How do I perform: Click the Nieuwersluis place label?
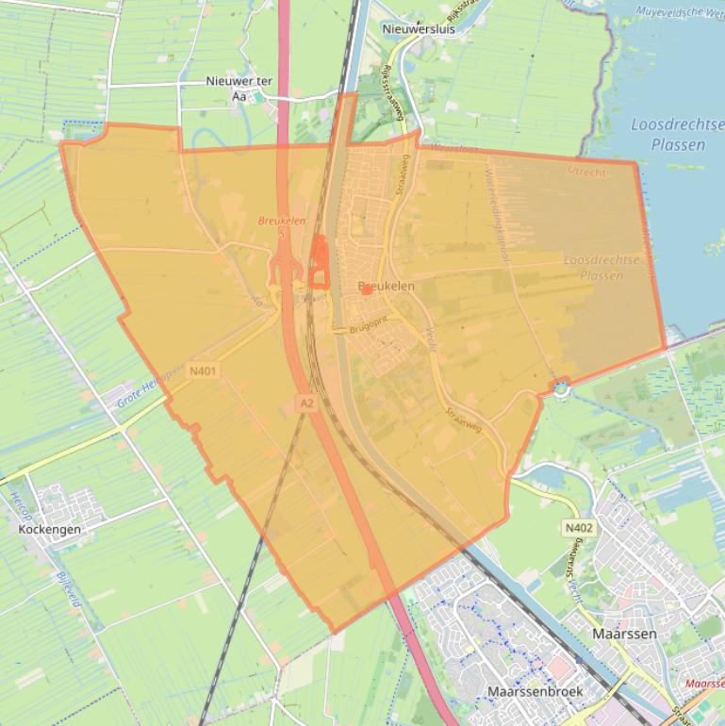(x=419, y=29)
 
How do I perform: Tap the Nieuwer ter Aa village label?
(x=239, y=88)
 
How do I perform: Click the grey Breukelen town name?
(x=387, y=286)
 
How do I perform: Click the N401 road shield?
(x=202, y=371)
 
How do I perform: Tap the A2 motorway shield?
(x=306, y=403)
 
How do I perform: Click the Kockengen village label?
(x=50, y=529)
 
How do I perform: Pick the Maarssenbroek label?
(x=535, y=691)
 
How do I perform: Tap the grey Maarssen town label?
(x=624, y=634)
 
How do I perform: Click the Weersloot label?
(x=448, y=149)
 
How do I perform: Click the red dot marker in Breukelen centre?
(x=367, y=291)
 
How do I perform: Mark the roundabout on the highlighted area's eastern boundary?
(x=562, y=387)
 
